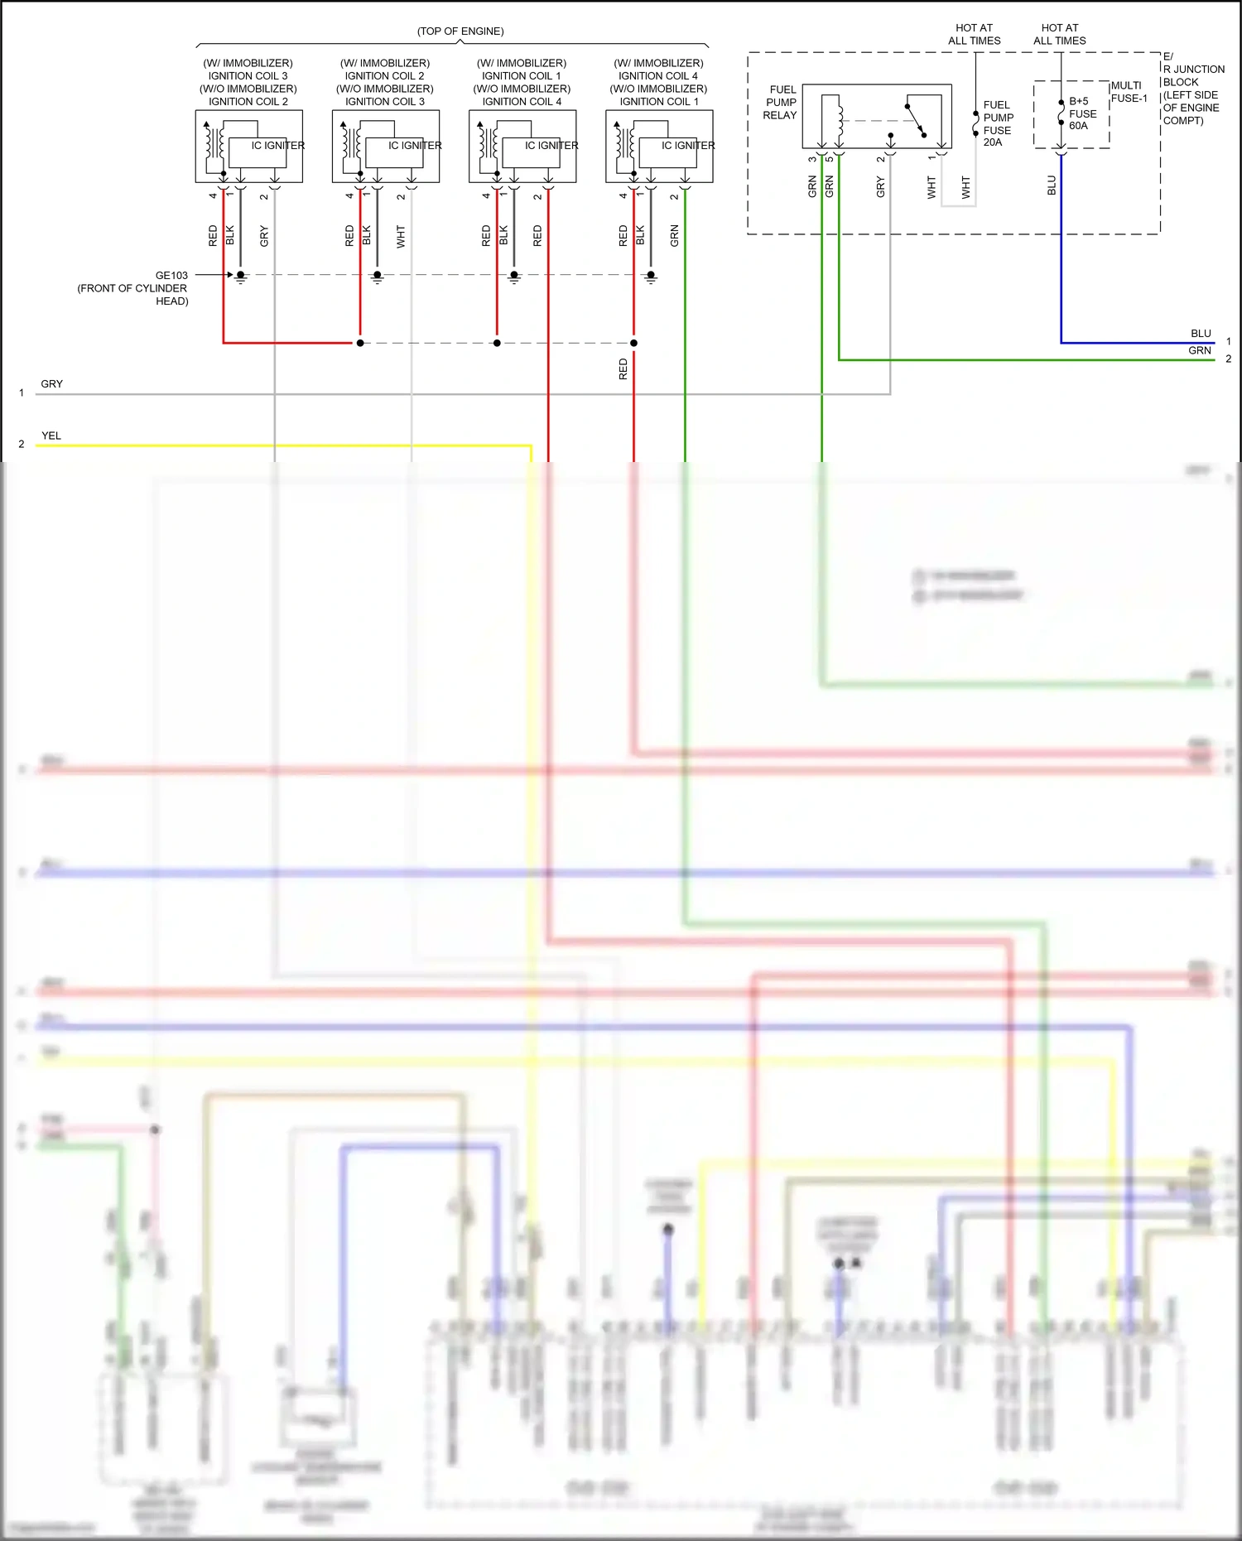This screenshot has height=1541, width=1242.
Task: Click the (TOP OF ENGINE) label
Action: pos(460,31)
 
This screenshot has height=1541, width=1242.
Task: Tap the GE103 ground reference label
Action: pos(171,275)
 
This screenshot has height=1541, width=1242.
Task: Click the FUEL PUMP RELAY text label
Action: pos(781,102)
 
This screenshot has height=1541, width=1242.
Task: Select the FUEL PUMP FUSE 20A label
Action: pos(998,123)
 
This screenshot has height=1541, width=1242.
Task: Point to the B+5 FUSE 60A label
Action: pos(1081,113)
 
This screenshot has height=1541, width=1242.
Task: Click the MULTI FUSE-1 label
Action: pos(1129,92)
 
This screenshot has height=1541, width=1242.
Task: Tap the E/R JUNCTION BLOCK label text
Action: pos(1192,89)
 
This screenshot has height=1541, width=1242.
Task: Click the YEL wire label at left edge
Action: pos(51,436)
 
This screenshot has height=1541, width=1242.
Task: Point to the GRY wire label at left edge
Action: pos(51,384)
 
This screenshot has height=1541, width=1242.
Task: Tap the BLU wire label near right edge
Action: pos(1201,334)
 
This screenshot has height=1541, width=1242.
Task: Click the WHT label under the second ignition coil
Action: pos(401,236)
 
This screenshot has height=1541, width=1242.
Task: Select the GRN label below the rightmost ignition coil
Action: pos(674,236)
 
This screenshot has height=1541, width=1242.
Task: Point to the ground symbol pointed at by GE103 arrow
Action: pos(241,277)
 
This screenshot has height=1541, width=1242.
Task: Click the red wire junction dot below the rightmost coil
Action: pos(633,343)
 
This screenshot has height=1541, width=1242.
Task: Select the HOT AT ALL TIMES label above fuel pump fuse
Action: pos(974,34)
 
